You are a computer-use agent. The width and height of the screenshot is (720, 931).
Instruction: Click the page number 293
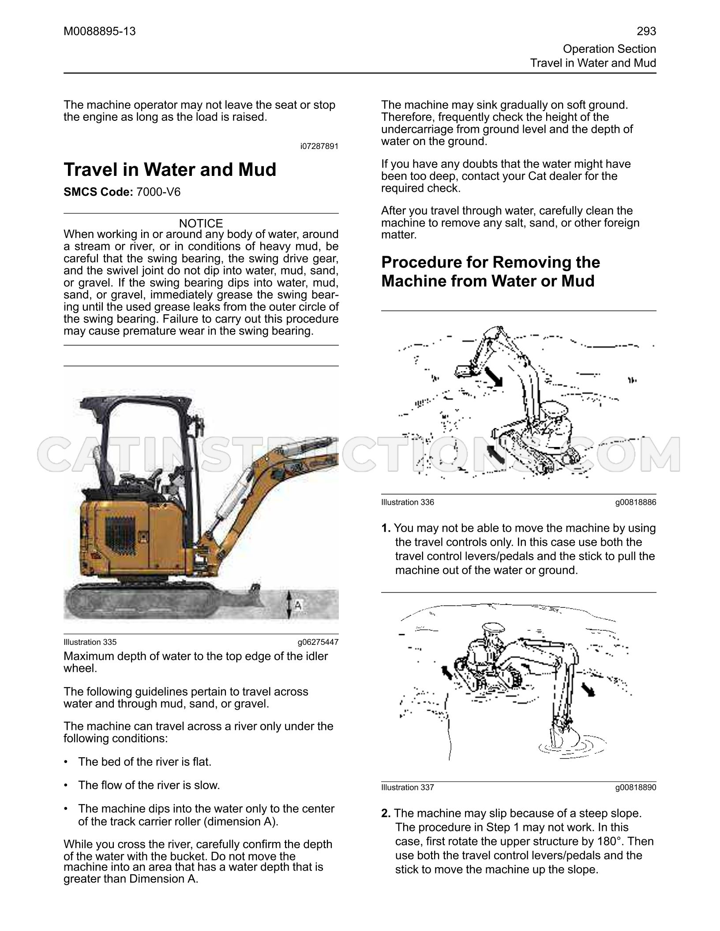pos(646,31)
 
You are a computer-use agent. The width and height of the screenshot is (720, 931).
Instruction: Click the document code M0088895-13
pos(100,31)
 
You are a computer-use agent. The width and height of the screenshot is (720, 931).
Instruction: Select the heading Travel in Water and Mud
pos(170,170)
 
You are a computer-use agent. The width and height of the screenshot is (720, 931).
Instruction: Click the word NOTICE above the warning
pos(201,223)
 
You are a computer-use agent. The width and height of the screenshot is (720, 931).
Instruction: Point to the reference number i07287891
pos(319,146)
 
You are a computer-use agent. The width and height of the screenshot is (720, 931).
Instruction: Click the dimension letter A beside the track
pos(298,606)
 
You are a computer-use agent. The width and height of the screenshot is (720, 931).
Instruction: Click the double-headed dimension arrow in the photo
pos(288,604)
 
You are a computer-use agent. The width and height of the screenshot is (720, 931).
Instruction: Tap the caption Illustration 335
pos(90,642)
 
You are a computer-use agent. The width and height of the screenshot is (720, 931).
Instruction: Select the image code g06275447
pos(318,642)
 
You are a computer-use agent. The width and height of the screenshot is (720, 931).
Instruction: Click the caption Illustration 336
pos(408,502)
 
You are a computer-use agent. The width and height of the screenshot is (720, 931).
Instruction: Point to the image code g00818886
pos(636,502)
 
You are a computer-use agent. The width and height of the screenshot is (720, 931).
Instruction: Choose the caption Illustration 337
pos(408,787)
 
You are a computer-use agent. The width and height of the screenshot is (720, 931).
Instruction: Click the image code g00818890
pos(636,787)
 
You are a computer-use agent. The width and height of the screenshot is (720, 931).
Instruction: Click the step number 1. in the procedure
pos(386,528)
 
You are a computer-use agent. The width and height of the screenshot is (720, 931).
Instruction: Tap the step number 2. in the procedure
pos(386,813)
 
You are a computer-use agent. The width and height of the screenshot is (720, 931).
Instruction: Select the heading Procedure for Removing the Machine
pos(491,272)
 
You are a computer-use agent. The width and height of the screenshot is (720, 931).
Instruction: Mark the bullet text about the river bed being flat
pos(145,762)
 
